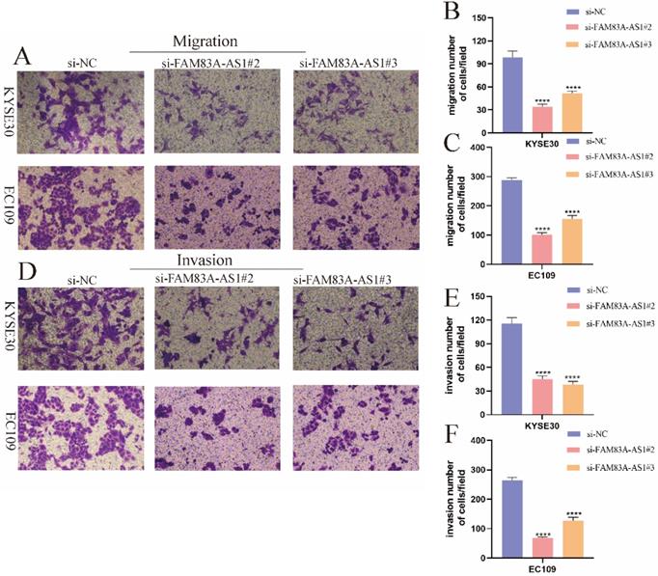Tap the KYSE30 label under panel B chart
(x=544, y=143)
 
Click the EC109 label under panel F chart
(x=544, y=569)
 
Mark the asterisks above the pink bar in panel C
(x=543, y=229)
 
